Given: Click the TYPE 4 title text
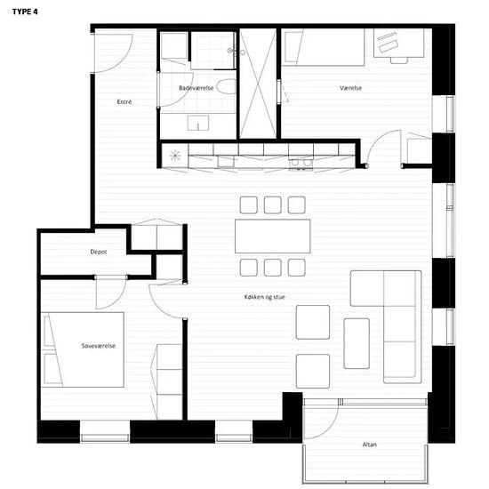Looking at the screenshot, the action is click(25, 12).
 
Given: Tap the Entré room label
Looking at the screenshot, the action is click(124, 101).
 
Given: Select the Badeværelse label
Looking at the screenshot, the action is click(196, 88).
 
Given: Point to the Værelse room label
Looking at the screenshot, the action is click(351, 88).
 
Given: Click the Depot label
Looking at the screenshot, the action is click(99, 252).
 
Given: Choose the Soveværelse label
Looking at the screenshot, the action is click(99, 346).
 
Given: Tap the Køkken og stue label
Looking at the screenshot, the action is click(265, 297).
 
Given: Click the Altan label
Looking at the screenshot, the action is click(370, 444).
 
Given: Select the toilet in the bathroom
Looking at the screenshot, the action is click(227, 86).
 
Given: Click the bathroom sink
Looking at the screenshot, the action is click(198, 123).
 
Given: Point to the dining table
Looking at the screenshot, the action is click(273, 236).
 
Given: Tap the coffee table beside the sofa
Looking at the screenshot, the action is click(357, 343).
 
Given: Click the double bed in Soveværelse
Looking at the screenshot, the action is click(83, 349).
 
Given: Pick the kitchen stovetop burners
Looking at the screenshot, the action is click(301, 163).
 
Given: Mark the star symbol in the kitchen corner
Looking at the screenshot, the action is click(175, 156).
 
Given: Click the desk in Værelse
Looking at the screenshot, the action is click(399, 43).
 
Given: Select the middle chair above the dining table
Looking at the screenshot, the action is click(273, 204).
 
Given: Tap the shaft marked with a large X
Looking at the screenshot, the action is click(258, 84).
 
